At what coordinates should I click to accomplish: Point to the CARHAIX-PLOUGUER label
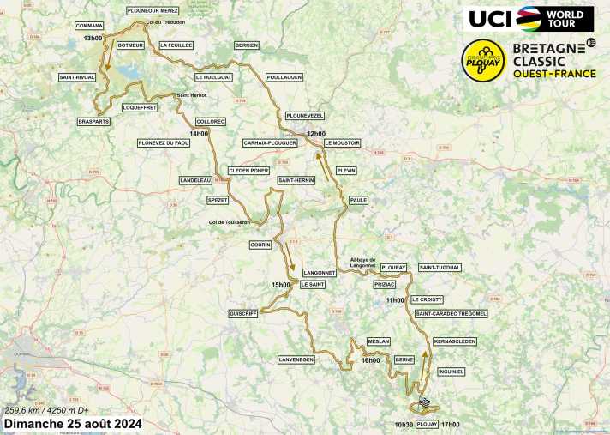270,142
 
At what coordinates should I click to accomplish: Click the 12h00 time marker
316,134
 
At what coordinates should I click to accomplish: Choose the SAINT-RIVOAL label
76,77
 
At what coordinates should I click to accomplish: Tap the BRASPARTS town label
93,121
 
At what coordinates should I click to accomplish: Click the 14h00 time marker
199,134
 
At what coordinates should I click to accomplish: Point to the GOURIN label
260,245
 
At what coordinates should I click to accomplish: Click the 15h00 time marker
281,284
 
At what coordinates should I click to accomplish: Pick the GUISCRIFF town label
243,314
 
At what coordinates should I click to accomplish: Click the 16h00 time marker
370,360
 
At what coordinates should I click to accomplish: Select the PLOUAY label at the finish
427,424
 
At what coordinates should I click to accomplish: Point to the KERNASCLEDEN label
454,341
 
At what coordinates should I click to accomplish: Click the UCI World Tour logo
529,18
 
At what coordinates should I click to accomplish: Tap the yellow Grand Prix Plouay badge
481,58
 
